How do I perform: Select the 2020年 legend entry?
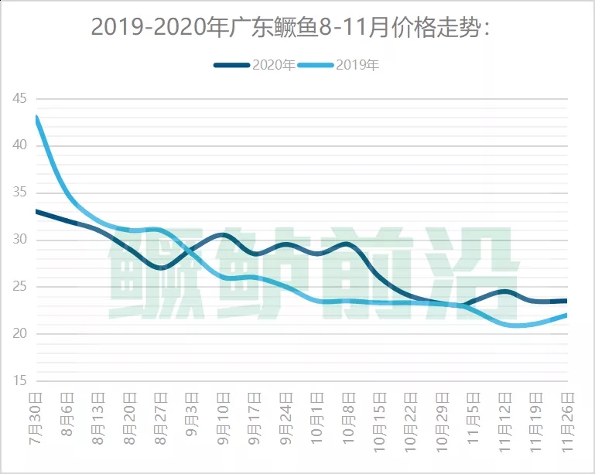pos(272,65)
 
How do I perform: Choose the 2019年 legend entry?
pos(357,65)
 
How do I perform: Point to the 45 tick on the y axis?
pos(19,98)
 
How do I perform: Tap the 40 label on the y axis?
pos(19,145)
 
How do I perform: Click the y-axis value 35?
pos(19,193)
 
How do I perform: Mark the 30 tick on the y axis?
pos(19,240)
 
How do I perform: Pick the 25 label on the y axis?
pos(19,287)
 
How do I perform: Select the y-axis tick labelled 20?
pos(19,334)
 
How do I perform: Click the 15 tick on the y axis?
pos(19,381)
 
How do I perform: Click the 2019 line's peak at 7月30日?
pos(36,117)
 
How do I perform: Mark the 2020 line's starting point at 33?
pos(36,210)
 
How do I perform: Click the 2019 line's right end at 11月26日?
pos(566,315)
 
